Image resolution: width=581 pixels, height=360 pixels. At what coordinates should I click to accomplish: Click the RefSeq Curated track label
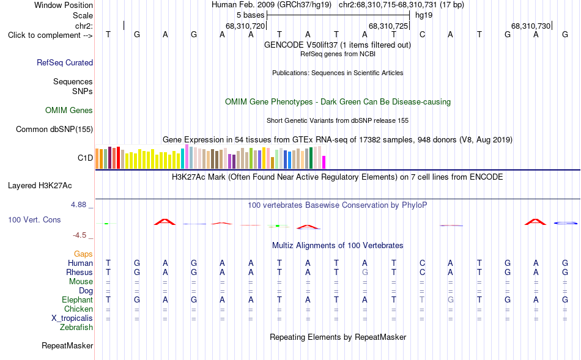65,62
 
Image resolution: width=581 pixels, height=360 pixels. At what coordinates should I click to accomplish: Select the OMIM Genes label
69,110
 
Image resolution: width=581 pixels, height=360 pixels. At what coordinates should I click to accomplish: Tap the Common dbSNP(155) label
54,129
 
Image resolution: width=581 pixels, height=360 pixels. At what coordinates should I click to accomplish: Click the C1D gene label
85,158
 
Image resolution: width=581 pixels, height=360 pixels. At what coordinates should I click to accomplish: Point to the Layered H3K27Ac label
40,186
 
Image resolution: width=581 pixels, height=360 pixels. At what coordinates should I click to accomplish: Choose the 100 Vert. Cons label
34,219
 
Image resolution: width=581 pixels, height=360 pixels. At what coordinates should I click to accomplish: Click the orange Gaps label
83,254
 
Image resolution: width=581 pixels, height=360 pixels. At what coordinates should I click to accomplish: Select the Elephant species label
78,299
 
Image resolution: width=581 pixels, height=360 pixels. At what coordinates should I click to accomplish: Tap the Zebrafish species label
76,327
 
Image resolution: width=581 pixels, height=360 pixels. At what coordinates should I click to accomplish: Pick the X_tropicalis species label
72,318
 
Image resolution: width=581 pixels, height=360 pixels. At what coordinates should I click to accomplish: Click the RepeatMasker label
67,345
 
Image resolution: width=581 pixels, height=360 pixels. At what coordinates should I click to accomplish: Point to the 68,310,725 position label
388,26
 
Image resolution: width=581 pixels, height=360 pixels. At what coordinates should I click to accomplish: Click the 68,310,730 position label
531,26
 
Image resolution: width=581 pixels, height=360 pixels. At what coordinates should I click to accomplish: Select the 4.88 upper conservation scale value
78,205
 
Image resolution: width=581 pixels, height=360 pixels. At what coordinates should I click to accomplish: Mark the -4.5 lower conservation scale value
80,235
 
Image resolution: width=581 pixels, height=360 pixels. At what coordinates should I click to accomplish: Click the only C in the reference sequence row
422,34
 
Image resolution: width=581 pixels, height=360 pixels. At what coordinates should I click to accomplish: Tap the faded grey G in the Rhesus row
365,272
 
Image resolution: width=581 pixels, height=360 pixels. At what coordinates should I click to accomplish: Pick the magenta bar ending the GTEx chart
324,162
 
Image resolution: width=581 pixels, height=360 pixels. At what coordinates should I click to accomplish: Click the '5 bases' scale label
251,15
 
